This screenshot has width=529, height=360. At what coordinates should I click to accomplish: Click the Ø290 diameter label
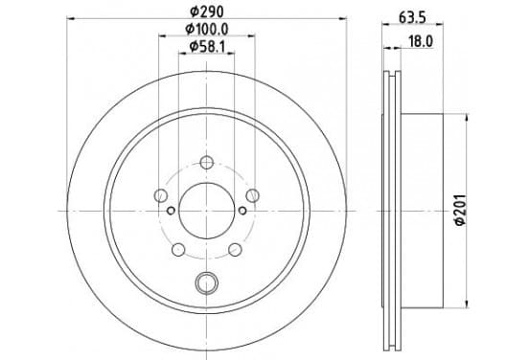pyautogui.click(x=206, y=11)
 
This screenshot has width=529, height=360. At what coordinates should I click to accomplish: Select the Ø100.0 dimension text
pyautogui.click(x=206, y=29)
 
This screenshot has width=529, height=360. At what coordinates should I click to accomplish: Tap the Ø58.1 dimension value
pyautogui.click(x=206, y=47)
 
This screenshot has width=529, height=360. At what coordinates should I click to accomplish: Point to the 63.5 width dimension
pyautogui.click(x=412, y=17)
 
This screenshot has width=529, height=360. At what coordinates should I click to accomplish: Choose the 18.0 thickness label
pyautogui.click(x=421, y=41)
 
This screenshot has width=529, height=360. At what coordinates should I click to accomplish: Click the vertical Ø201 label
pyautogui.click(x=460, y=210)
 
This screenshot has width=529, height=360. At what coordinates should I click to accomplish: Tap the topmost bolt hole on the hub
pyautogui.click(x=206, y=163)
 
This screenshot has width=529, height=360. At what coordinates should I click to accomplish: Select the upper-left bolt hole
pyautogui.click(x=161, y=195)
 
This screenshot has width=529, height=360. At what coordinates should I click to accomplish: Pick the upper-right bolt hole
pyautogui.click(x=252, y=195)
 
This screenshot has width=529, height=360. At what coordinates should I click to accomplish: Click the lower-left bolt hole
pyautogui.click(x=178, y=250)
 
